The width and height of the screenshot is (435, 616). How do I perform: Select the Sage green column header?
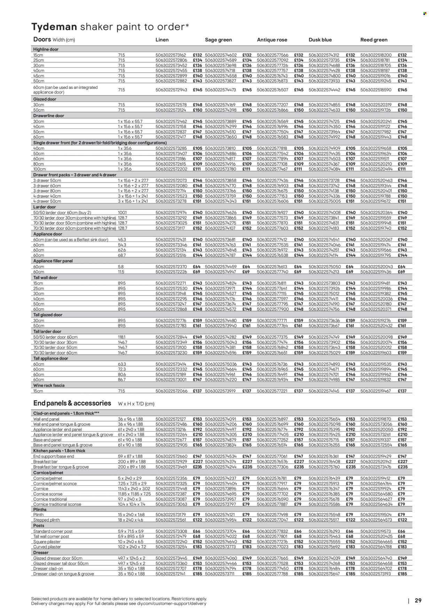click(218, 40)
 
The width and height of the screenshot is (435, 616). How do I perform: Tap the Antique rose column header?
click(272, 40)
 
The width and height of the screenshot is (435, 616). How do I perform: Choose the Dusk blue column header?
click(320, 40)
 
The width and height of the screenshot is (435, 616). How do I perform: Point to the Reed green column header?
click(374, 40)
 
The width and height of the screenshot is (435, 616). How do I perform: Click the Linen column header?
click(162, 40)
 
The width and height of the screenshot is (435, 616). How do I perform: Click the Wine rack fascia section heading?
click(49, 385)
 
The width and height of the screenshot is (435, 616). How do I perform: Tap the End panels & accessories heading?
click(72, 403)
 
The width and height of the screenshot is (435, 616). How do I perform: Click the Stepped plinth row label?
click(47, 520)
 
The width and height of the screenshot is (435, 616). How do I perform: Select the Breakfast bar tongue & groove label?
click(61, 467)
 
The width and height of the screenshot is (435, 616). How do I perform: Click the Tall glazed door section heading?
click(48, 315)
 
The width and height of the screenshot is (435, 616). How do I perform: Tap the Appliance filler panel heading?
click(53, 261)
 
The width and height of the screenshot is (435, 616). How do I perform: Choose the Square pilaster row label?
click(47, 542)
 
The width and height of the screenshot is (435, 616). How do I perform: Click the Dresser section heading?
click(41, 553)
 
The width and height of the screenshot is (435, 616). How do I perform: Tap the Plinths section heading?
click(40, 509)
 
